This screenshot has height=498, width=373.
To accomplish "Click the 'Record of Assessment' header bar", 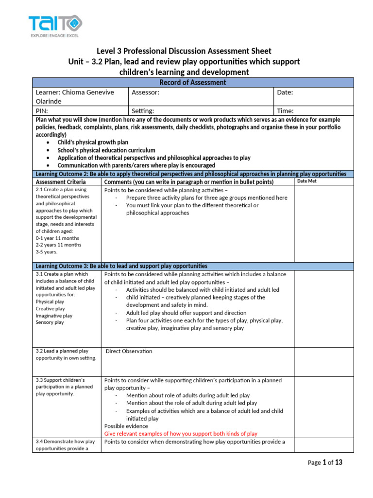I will [x=193, y=83].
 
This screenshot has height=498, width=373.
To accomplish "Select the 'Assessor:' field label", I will [x=145, y=92].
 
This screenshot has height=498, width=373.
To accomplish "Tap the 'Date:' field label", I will [x=285, y=92].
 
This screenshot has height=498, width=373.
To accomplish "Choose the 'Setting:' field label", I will [x=143, y=111].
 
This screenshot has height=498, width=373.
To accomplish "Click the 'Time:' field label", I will [x=285, y=111].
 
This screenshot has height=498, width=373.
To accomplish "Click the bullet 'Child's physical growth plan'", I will [x=93, y=142].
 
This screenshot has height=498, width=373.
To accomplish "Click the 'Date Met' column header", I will [x=306, y=181].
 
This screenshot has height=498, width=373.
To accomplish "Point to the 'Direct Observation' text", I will [x=129, y=351].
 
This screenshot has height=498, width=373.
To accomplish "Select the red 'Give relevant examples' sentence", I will [x=181, y=434].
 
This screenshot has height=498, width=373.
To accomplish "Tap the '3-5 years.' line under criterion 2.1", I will [x=47, y=252].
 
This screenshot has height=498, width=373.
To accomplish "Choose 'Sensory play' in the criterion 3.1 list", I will [x=50, y=322].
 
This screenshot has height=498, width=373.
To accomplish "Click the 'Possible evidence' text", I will [x=126, y=426].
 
